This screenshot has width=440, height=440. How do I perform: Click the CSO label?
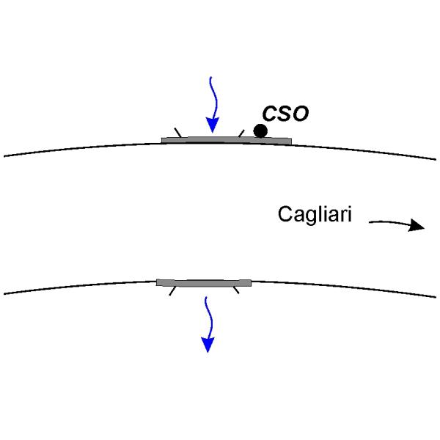[286, 114]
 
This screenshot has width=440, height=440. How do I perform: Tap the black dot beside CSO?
[260, 131]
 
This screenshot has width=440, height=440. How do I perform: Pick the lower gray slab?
[204, 282]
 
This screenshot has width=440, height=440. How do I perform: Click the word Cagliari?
[315, 215]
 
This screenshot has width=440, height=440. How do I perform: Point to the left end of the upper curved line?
[6, 155]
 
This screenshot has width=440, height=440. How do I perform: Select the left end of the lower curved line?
[6, 294]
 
